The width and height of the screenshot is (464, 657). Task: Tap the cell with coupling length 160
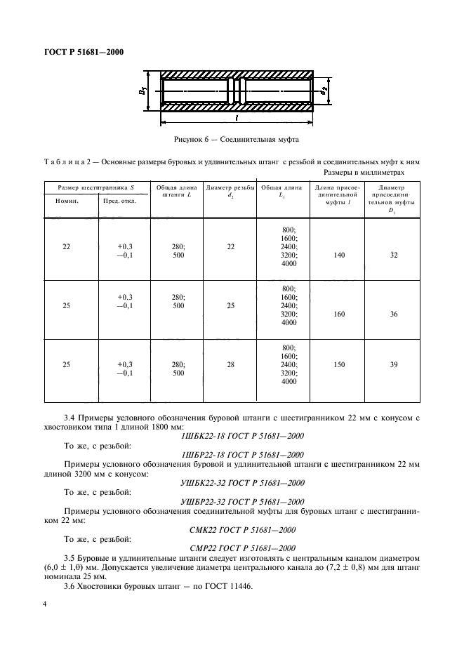pos(339,315)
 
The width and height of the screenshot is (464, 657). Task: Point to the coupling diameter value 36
pos(393,315)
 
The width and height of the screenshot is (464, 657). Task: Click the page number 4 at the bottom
pos(45,604)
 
